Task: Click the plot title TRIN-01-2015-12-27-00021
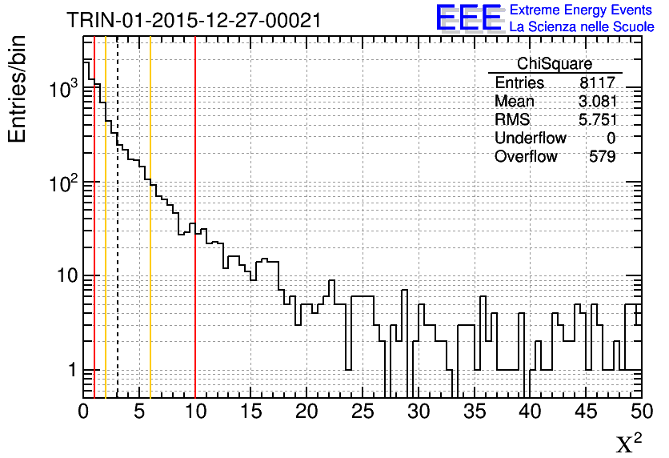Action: pos(194,20)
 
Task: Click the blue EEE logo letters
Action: pos(469,18)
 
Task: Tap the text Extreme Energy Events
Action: pos(582,10)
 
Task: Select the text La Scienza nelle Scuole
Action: pos(582,27)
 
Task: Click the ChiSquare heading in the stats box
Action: pos(555,64)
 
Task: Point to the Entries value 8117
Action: pos(598,83)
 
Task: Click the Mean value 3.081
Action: pos(598,102)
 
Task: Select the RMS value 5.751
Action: pos(598,120)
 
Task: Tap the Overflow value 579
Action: pos(602,157)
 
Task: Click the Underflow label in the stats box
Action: pos(530,139)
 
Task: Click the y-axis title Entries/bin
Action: pos(18,89)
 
